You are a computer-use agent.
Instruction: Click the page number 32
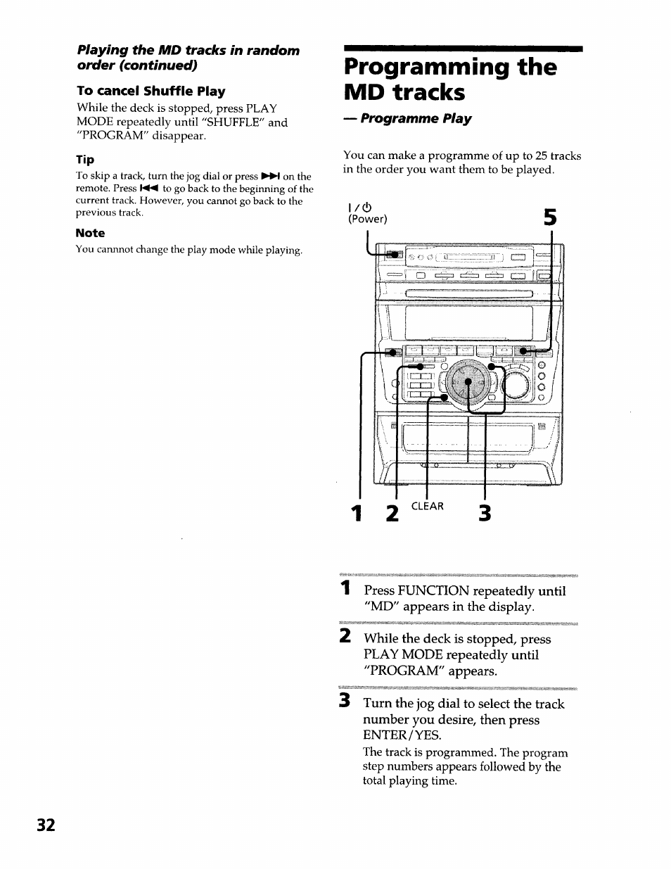46,825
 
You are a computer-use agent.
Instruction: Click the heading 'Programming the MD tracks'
450,80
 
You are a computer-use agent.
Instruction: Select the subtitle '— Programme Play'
407,119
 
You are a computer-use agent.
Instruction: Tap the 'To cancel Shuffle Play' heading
151,91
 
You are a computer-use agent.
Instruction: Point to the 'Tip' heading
85,160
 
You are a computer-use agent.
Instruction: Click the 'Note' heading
90,233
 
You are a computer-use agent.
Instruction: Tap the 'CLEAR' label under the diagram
427,507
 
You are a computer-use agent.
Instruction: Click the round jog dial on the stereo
467,385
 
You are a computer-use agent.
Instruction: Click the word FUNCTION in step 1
434,591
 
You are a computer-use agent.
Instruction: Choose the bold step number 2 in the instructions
345,637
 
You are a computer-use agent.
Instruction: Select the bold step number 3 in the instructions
345,702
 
